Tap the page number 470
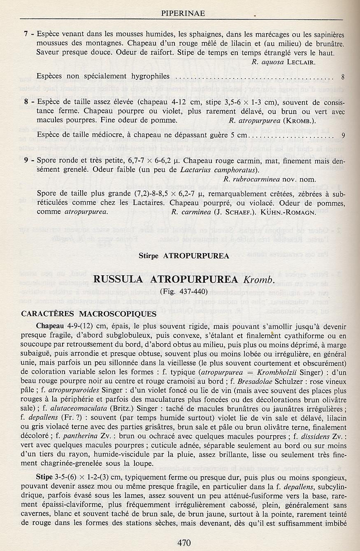pos(184,542)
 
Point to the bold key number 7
pos(26,35)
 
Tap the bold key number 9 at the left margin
pos(26,160)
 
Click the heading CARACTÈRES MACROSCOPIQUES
pos(89,314)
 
